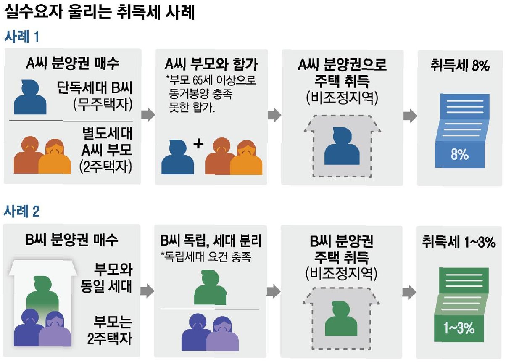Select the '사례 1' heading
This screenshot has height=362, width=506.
click(x=22, y=37)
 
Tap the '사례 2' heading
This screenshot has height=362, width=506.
click(x=22, y=211)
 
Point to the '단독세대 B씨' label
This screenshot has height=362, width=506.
click(x=95, y=89)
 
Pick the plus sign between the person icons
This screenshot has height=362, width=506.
click(x=198, y=144)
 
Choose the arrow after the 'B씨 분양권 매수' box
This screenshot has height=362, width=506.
click(x=148, y=290)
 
